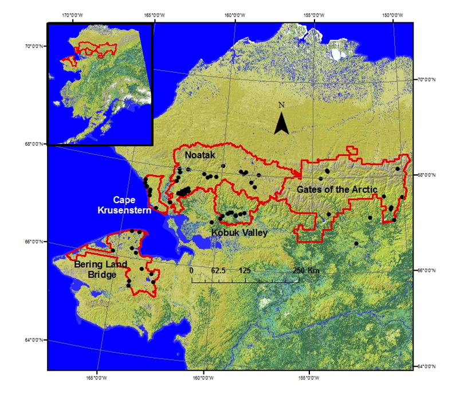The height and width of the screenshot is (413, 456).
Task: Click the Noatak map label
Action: pyautogui.click(x=199, y=155)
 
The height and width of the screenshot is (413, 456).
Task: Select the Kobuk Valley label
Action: pyautogui.click(x=239, y=232)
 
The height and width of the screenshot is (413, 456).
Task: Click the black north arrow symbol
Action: pyautogui.click(x=281, y=123)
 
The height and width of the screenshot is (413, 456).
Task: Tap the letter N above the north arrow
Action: pyautogui.click(x=281, y=105)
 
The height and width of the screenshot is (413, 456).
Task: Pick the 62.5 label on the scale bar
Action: pyautogui.click(x=218, y=270)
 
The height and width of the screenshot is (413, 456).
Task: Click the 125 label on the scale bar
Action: pyautogui.click(x=245, y=270)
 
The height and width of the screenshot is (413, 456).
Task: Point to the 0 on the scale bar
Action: pyautogui.click(x=192, y=270)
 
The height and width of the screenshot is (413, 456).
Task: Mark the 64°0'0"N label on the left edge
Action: pyautogui.click(x=34, y=340)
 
